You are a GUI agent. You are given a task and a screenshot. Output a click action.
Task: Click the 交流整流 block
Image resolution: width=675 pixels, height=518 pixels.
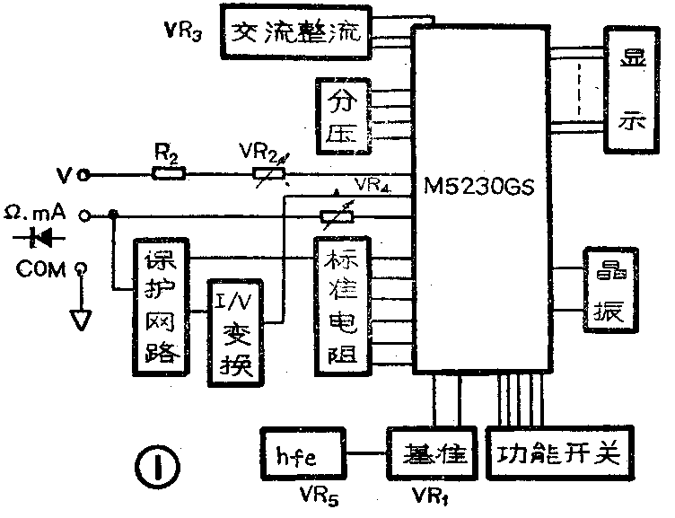294,33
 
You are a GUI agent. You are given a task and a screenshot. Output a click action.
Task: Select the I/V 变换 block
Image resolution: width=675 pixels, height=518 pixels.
234,330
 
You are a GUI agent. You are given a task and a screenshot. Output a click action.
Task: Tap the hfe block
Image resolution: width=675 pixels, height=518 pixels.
296,454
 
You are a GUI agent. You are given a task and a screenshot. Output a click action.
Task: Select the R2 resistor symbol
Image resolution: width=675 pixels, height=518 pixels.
167,173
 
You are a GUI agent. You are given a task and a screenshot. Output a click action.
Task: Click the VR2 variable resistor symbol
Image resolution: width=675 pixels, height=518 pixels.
267,173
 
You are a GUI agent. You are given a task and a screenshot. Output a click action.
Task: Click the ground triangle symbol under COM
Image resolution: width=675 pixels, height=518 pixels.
82,318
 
